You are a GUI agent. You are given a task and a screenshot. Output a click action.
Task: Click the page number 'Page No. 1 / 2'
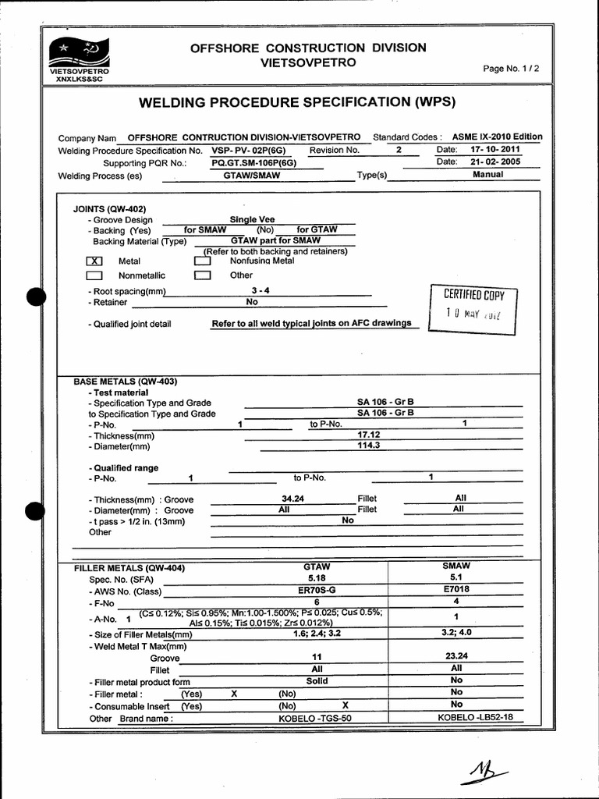511,69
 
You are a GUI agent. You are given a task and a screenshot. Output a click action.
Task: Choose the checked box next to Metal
94,261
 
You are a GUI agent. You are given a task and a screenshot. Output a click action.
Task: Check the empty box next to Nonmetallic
94,275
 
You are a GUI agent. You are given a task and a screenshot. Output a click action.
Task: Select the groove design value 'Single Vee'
252,220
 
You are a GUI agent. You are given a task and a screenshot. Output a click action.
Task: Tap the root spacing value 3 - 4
250,289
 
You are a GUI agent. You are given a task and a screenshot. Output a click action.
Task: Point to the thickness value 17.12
368,433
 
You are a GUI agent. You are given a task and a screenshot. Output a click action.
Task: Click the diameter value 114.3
368,446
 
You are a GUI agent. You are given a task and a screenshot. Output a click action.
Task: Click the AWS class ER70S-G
316,591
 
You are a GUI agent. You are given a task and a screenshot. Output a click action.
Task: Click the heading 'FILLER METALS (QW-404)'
129,568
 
